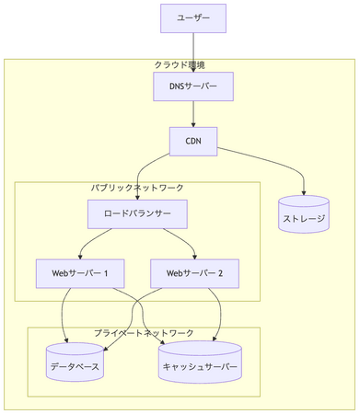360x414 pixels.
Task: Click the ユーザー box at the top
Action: coord(193,17)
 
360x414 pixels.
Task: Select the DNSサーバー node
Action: coord(193,86)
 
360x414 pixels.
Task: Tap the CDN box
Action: coord(193,141)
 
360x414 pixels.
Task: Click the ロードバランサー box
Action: coord(138,215)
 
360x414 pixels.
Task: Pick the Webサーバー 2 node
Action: coord(195,273)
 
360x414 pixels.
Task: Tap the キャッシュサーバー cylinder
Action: coord(200,362)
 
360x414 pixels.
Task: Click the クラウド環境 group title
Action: coord(180,64)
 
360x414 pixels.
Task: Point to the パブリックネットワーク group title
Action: coord(137,187)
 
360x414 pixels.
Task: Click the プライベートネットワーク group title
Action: coord(144,332)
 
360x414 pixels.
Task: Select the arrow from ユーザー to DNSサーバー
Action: coord(193,51)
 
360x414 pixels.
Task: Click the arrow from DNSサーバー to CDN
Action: coord(193,113)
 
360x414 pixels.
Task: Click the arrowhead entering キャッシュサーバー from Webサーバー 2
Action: coord(217,337)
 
